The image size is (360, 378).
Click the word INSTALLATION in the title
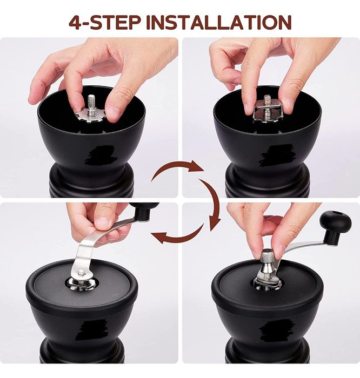pyautogui.click(x=218, y=23)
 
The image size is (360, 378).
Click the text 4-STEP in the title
pyautogui.click(x=104, y=23)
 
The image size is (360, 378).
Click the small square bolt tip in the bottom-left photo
pyautogui.click(x=81, y=273)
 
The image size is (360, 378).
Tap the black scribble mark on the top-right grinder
pyautogui.click(x=276, y=155)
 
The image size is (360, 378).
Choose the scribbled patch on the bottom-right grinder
pyautogui.click(x=278, y=328)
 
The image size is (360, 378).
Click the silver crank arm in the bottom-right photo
pyautogui.click(x=302, y=251)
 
